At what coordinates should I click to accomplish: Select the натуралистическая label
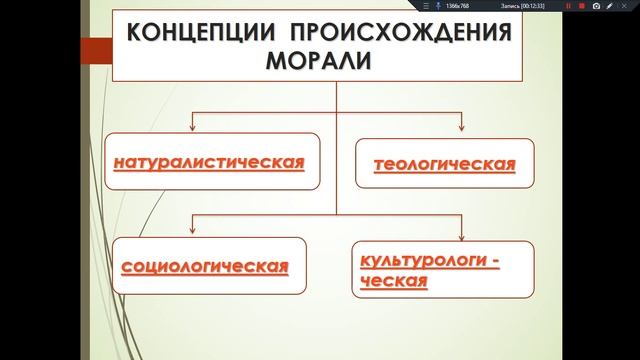(x=209, y=160)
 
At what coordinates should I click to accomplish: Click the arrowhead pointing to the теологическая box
(x=462, y=127)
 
